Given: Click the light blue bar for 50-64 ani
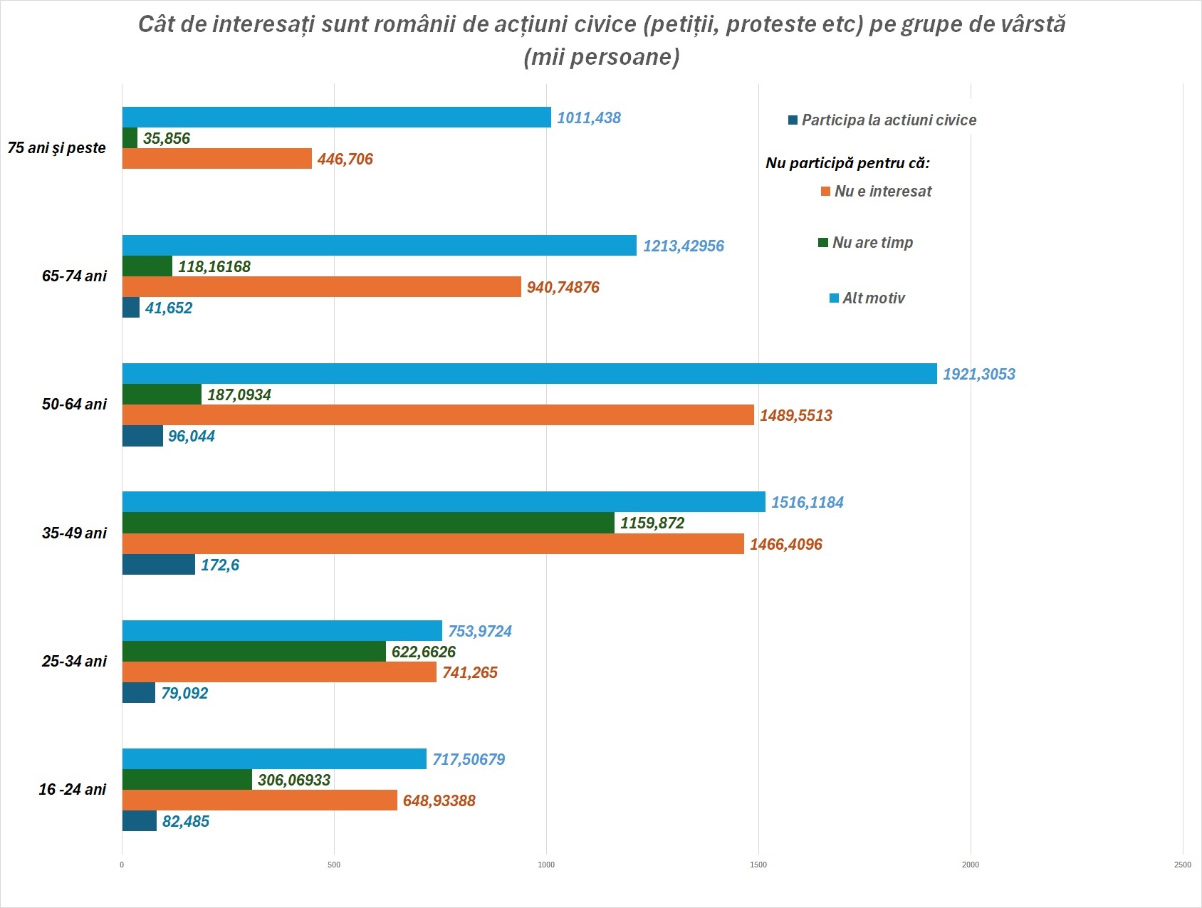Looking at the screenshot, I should tap(529, 374).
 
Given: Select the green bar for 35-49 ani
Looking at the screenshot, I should tap(368, 523).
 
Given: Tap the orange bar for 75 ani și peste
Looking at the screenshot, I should tap(217, 159).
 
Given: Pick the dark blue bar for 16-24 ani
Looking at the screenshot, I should tap(140, 821).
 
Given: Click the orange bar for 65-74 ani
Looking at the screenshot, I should tap(322, 287).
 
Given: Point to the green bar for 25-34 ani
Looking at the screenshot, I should tap(254, 652).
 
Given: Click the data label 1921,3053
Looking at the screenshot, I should tap(978, 375).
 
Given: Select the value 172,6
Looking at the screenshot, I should tap(219, 565).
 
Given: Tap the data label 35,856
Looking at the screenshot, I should tap(167, 139).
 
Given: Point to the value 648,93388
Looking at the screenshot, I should tap(439, 801).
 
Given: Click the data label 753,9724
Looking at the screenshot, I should tap(479, 632).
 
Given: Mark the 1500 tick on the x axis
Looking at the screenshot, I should tap(758, 865).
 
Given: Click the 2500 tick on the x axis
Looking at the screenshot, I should tap(1182, 865).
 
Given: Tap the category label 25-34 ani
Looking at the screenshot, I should tap(74, 662).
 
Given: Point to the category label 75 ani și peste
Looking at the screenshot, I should tap(57, 148).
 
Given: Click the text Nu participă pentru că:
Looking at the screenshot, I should tap(847, 163).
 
